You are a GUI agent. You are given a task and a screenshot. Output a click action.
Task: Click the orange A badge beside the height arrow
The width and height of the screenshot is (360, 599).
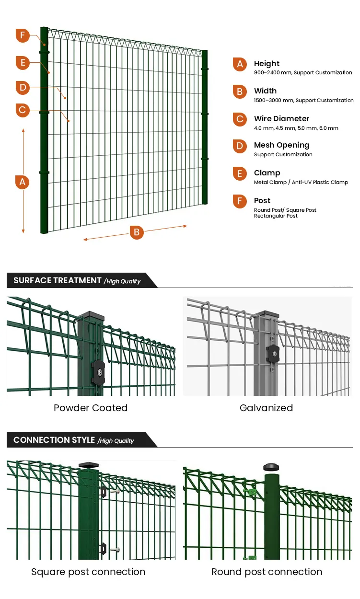(22, 182)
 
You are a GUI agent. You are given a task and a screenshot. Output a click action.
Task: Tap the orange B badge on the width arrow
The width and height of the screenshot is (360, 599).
(137, 232)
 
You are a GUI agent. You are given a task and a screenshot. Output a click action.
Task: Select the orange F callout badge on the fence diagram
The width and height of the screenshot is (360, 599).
(22, 36)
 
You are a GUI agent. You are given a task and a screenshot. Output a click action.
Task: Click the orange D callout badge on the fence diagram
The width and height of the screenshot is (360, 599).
(22, 88)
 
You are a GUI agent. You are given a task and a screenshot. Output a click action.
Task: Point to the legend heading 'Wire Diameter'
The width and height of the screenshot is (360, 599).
(281, 118)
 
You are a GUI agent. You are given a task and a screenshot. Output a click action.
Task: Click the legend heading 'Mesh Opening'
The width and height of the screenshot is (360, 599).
(281, 145)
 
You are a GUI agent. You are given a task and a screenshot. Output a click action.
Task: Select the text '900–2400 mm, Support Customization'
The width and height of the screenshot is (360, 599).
(303, 73)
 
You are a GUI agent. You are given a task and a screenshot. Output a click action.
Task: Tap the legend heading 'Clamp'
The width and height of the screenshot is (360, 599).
(267, 173)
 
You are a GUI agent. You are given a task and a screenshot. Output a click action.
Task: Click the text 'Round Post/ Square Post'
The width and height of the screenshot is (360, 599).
(285, 210)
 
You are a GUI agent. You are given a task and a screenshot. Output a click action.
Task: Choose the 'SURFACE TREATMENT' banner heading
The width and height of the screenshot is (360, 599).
(58, 280)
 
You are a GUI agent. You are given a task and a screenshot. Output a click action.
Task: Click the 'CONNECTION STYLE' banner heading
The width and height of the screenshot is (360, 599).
(54, 440)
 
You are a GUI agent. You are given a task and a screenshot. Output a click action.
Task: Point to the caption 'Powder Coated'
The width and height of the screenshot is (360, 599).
(91, 408)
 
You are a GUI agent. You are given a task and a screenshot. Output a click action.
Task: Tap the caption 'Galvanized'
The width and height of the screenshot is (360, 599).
(266, 408)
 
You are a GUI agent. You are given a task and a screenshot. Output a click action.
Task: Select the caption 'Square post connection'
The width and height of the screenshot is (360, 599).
(88, 572)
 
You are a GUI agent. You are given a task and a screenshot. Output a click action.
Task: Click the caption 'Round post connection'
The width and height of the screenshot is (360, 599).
(267, 572)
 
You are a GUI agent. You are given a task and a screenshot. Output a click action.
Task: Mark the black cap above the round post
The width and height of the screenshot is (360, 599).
(271, 467)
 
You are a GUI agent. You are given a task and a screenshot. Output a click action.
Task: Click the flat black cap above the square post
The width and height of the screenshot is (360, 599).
(88, 464)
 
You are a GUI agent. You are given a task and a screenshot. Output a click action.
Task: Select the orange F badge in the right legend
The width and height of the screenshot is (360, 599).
(240, 201)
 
